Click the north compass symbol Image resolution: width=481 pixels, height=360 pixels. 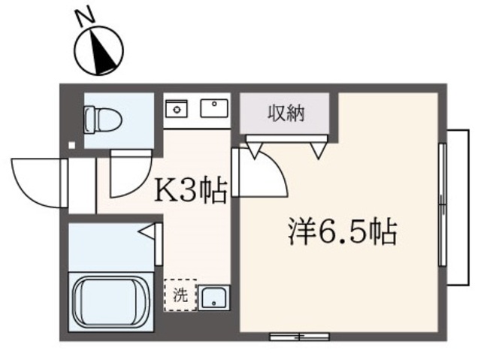tap(98, 49)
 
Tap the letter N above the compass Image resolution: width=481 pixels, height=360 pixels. tap(87, 16)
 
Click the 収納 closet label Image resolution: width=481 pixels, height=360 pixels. tap(286, 113)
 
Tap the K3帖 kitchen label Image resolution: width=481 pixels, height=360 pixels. tap(190, 192)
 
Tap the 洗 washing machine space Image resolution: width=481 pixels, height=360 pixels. tap(180, 295)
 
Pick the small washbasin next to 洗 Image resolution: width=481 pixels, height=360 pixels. tap(213, 297)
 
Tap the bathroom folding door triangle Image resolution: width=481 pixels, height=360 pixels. tap(150, 233)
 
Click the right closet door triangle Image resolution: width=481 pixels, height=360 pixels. tap(322, 150)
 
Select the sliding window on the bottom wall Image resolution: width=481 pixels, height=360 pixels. tap(298, 335)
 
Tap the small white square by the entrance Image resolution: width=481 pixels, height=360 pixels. tap(71, 144)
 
